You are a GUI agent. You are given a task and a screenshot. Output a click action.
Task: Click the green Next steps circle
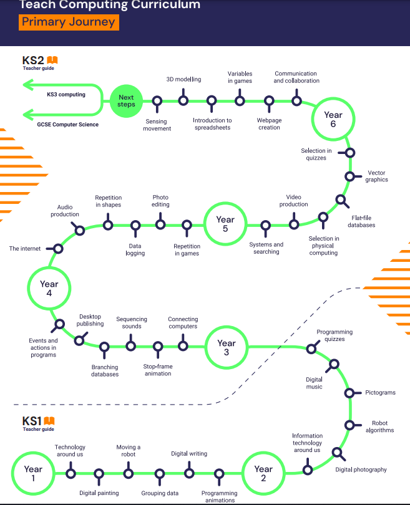pyautogui.click(x=126, y=101)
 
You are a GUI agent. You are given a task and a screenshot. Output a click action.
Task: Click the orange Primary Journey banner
pyautogui.click(x=69, y=22)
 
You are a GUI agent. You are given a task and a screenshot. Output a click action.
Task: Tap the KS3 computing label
pyautogui.click(x=66, y=94)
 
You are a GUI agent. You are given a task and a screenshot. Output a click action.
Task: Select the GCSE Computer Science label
pyautogui.click(x=67, y=124)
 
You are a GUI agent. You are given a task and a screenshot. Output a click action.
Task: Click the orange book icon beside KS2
pyautogui.click(x=52, y=60)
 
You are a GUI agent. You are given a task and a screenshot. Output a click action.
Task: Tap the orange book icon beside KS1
pyautogui.click(x=49, y=421)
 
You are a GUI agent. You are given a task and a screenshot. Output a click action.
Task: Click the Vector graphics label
pyautogui.click(x=376, y=176)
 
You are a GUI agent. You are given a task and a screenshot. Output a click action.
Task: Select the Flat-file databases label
pyautogui.click(x=361, y=221)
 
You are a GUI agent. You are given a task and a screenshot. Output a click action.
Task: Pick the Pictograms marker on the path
pyautogui.click(x=349, y=393)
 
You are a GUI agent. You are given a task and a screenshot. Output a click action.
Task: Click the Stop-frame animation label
pyautogui.click(x=158, y=370)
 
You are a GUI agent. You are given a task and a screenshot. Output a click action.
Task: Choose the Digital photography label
pyautogui.click(x=361, y=469)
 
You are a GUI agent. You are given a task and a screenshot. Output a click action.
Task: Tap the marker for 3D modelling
pyautogui.click(x=183, y=100)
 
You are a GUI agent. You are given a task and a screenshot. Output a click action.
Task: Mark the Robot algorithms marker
pyautogui.click(x=349, y=425)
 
